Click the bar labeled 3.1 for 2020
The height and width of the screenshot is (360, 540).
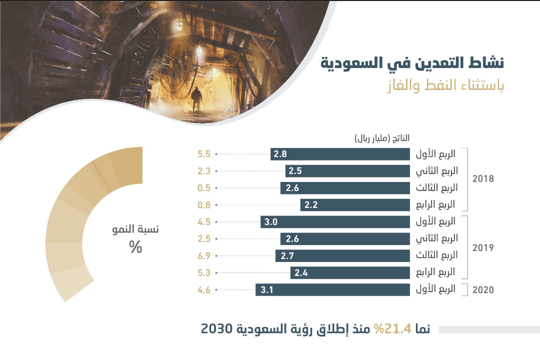pyautogui.click(x=332, y=289)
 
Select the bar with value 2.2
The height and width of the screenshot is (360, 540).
pyautogui.click(x=355, y=204)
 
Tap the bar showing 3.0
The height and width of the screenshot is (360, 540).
pyautogui.click(x=335, y=221)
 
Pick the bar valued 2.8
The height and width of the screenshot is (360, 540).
pyautogui.click(x=340, y=154)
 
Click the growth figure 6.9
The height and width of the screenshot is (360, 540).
pyautogui.click(x=204, y=256)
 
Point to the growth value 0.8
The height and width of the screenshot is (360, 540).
pyautogui.click(x=204, y=205)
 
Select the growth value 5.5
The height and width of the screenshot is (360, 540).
pyautogui.click(x=204, y=154)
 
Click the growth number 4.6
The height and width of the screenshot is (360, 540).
pyautogui.click(x=204, y=289)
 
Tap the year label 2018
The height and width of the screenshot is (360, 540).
pyautogui.click(x=483, y=179)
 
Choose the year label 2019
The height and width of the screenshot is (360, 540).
pyautogui.click(x=483, y=247)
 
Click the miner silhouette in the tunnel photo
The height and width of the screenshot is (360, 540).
pyautogui.click(x=196, y=99)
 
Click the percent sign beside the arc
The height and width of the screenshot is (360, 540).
pyautogui.click(x=135, y=247)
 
